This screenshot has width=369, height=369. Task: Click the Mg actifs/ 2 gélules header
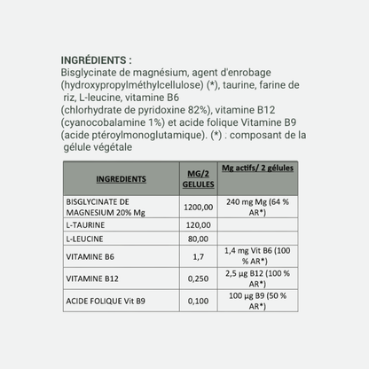(260, 168)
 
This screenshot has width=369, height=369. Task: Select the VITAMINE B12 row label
(91, 279)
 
